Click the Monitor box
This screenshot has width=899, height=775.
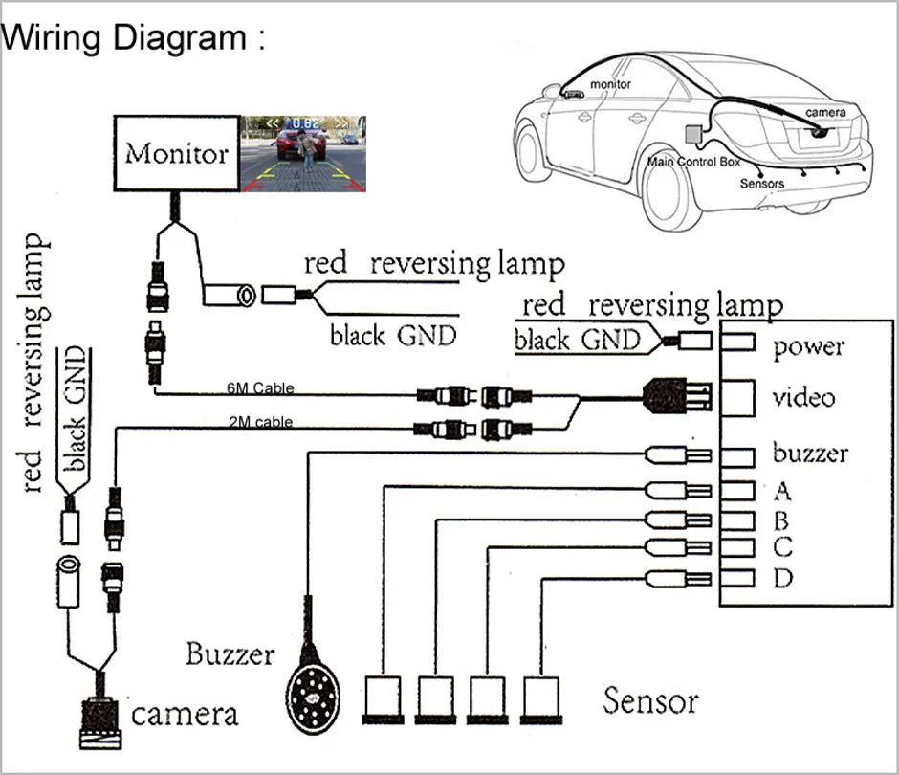tap(177, 153)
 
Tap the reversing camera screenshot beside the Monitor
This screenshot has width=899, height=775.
tap(303, 153)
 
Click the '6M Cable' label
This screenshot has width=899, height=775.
tap(260, 388)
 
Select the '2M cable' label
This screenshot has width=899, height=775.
tap(260, 421)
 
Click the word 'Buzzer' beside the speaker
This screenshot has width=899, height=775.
tap(230, 655)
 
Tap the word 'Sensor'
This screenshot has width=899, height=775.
tap(650, 701)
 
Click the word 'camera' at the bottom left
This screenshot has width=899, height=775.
tap(184, 714)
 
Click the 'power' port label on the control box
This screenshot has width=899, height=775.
tap(809, 346)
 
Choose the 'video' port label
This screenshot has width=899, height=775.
tap(804, 397)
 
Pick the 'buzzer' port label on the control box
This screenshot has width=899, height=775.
tap(810, 453)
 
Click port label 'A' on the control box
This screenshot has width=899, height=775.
tap(782, 492)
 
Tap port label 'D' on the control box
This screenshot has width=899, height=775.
tap(782, 579)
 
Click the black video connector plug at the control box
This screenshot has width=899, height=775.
tap(677, 394)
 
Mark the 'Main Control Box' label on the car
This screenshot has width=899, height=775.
tap(694, 162)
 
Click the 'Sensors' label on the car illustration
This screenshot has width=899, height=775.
tap(761, 184)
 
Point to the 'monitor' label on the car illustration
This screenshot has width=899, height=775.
tap(610, 84)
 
